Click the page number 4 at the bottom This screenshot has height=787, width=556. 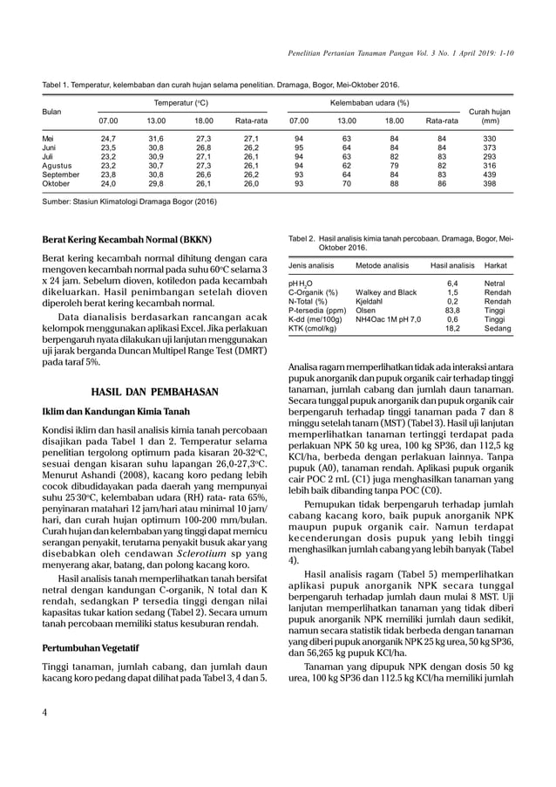click(x=44, y=712)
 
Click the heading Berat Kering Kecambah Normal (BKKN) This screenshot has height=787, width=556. click(x=126, y=238)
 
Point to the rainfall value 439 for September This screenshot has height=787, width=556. click(x=490, y=174)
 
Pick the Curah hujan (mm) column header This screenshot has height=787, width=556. click(x=490, y=117)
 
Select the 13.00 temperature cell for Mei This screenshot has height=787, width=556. click(x=156, y=139)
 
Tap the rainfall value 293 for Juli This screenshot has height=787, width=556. click(x=490, y=156)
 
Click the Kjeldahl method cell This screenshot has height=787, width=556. click(x=371, y=301)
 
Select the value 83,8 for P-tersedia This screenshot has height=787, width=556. click(x=452, y=310)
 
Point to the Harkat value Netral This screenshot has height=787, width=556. click(x=495, y=284)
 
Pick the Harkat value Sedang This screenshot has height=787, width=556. click(x=497, y=328)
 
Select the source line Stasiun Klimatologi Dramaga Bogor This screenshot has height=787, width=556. click(x=130, y=202)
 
